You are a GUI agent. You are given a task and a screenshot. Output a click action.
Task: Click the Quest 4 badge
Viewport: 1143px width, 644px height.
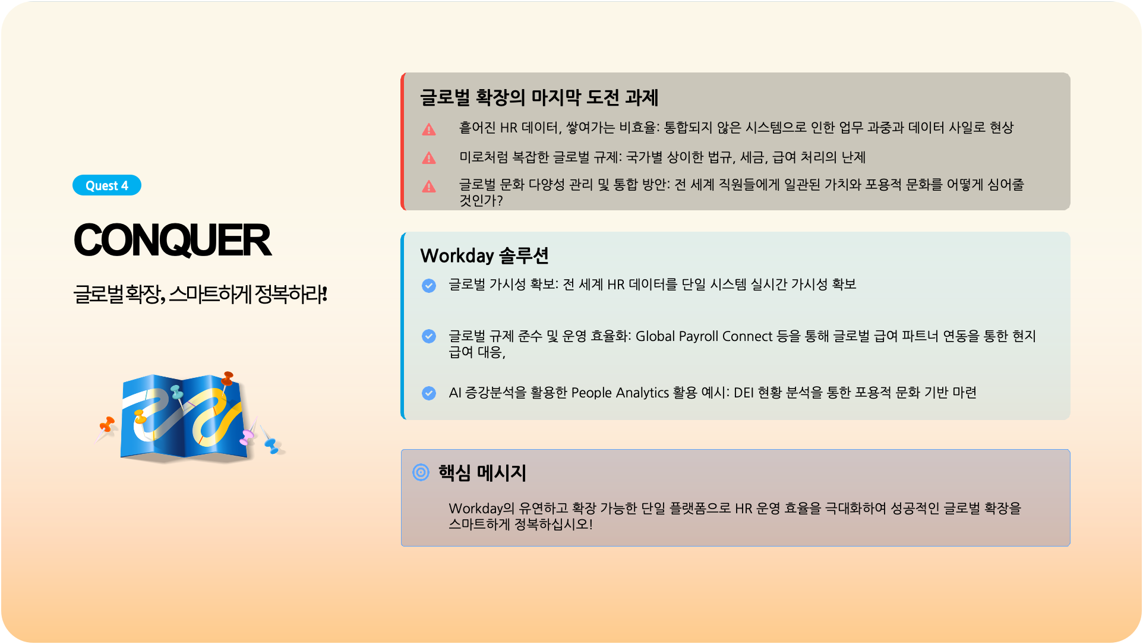coord(107,185)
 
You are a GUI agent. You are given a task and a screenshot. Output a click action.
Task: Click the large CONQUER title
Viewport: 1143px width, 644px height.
coord(172,241)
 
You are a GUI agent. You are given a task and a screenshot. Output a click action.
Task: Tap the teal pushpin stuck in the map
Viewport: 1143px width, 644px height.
coord(177,392)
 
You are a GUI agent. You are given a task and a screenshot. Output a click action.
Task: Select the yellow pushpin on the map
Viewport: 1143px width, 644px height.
coord(140,416)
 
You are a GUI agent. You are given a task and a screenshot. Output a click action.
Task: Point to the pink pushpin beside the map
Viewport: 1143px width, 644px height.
coord(247,437)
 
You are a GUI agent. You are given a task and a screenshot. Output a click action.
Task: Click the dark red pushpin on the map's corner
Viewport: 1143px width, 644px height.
coord(227,378)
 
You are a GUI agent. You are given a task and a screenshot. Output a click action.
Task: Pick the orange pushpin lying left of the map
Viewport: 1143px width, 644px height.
coord(107,424)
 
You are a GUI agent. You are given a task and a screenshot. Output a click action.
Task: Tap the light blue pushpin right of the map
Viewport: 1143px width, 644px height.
coord(271,445)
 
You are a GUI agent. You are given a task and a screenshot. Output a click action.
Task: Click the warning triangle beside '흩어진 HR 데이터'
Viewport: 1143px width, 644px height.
coord(429,129)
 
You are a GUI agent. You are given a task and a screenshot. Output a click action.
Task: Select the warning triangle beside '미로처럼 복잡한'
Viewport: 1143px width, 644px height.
coord(429,158)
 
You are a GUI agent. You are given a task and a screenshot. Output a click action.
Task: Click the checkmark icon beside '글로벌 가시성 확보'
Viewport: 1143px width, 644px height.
coord(429,286)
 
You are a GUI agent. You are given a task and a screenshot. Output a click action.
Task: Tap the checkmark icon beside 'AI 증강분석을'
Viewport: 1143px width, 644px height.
coord(429,393)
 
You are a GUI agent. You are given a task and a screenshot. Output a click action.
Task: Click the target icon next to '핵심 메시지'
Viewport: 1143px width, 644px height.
coord(421,472)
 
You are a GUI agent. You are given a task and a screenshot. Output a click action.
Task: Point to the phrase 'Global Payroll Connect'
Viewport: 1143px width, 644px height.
coord(704,336)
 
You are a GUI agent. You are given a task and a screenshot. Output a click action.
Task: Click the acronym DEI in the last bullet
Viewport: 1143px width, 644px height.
coord(744,393)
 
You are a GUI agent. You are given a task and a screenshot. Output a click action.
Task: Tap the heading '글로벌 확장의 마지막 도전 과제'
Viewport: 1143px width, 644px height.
coord(539,97)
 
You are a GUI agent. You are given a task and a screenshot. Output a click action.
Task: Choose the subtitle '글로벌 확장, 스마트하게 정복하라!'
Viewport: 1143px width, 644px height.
coord(200,294)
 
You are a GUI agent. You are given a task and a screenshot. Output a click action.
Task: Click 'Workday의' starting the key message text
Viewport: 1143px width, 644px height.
coord(482,509)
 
